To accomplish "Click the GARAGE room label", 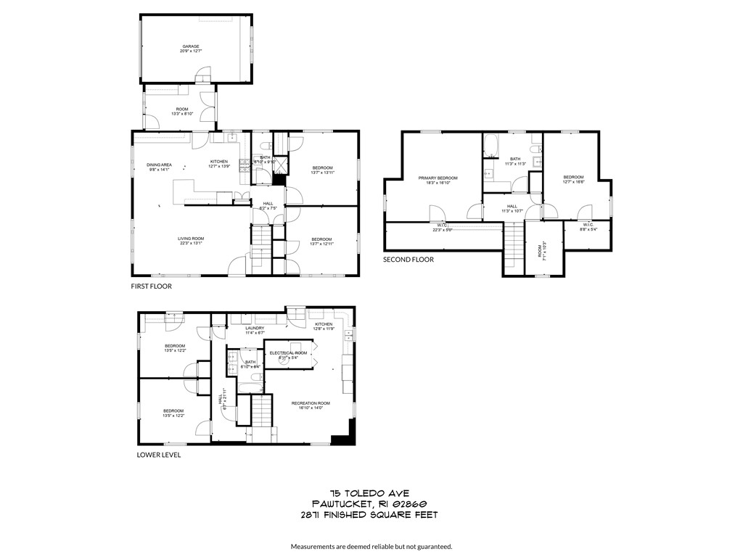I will pos(191,46).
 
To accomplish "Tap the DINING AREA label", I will pos(159,165).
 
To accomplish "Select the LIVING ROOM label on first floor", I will pos(192,239).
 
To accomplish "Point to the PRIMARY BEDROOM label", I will pos(438,178).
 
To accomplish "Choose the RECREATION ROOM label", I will pos(311,403).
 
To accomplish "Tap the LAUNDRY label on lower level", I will pos(255,328).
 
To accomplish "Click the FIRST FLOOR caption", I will pos(151,286).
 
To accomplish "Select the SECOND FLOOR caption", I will pos(409,259).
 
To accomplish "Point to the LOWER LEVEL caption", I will pos(159,455).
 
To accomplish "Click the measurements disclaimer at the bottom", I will pos(371,546).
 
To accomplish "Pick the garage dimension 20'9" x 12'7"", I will pos(191,51).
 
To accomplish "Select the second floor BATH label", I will pos(515,159).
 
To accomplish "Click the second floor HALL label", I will pos(512,206).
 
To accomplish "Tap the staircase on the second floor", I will pos(513,247).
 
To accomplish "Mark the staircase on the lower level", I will pos(260,413).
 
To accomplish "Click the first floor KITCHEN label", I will pos(219,161).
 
